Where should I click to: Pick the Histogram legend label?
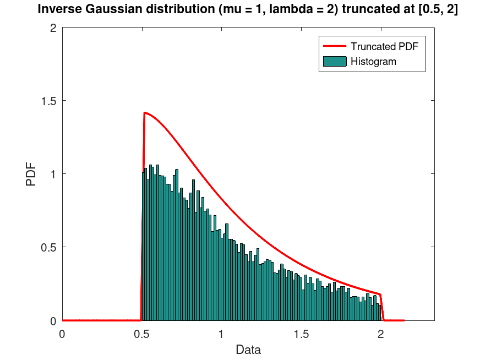[373, 62]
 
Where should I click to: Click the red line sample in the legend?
[334, 47]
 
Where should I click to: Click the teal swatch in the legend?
[334, 62]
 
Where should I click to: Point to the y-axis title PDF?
[32, 174]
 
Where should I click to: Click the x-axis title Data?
[248, 350]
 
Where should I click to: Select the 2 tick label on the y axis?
[53, 28]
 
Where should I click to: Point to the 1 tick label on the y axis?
[53, 174]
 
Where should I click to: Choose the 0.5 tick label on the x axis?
[141, 334]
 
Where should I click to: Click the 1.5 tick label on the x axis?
[301, 334]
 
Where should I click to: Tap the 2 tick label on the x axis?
[380, 334]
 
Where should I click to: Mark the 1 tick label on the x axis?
[221, 334]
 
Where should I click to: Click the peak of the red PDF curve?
[144, 113]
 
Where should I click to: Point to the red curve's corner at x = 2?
[380, 294]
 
